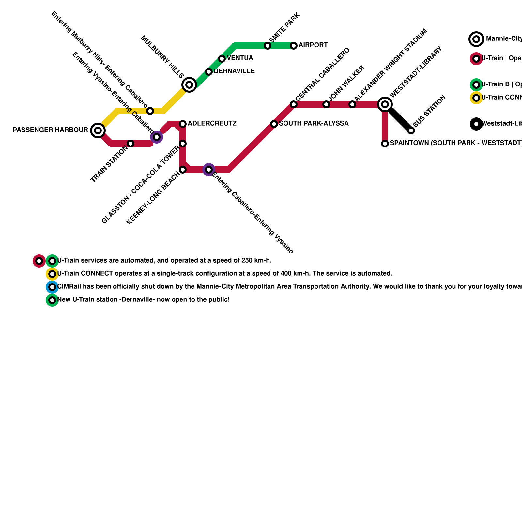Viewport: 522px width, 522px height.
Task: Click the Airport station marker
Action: (x=294, y=46)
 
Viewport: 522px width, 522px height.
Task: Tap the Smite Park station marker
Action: (x=268, y=46)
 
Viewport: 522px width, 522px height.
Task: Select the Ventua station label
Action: (x=240, y=58)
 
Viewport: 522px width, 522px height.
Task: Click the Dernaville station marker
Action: (x=209, y=72)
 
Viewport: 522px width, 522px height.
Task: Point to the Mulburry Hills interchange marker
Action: (x=189, y=85)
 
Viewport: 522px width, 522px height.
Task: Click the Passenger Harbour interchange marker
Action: (x=98, y=130)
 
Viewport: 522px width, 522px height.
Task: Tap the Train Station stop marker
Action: (x=130, y=144)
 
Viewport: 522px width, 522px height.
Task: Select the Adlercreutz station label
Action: (x=212, y=124)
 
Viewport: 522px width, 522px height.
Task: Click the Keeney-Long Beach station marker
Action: (x=183, y=170)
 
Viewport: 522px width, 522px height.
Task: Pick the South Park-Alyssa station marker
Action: (x=274, y=124)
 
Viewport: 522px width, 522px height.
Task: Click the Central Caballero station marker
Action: (x=294, y=104)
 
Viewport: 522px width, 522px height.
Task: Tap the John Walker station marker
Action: (x=326, y=104)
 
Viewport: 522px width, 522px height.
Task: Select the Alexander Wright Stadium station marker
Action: (x=352, y=104)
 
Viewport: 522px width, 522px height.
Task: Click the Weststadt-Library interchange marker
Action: (x=385, y=104)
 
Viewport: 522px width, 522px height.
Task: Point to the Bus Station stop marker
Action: (x=411, y=130)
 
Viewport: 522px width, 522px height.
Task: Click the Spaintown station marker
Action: (x=385, y=144)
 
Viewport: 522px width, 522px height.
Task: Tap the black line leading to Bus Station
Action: (x=400, y=119)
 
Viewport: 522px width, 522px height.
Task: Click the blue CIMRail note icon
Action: (x=52, y=287)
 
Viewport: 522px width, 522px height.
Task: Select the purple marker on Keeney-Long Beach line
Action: (x=209, y=170)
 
